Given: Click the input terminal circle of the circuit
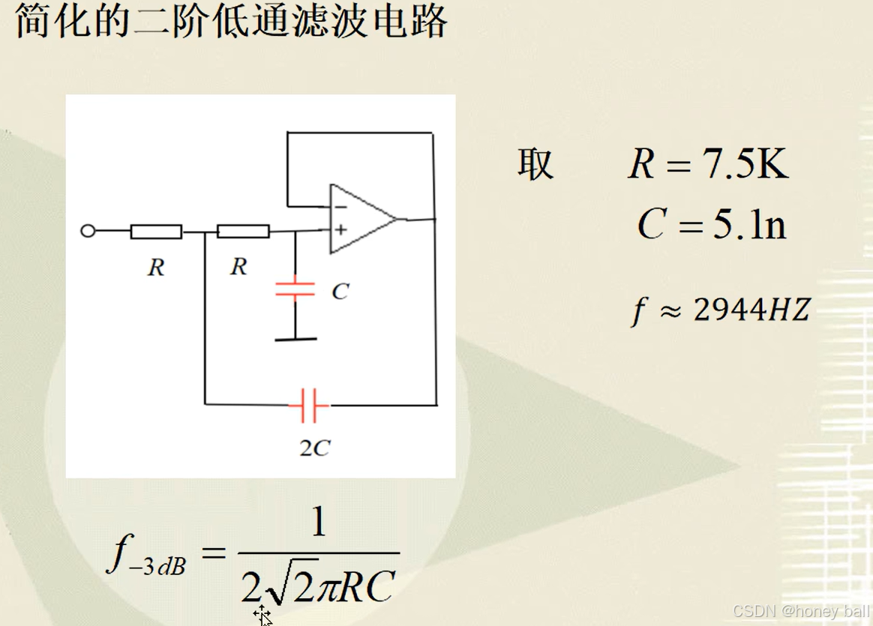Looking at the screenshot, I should (x=88, y=231).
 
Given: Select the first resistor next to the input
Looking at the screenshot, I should (x=156, y=232).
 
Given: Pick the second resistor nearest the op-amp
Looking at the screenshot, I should (x=243, y=231).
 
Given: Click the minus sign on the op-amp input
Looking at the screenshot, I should (x=341, y=206).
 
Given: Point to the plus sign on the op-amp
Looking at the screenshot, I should (x=340, y=229).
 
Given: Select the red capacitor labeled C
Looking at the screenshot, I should (x=295, y=290).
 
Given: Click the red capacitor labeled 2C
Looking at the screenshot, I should (x=309, y=405).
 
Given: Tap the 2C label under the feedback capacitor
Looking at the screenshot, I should (x=314, y=448).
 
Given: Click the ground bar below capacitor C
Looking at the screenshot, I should (x=295, y=340).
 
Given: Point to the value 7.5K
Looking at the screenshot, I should (x=746, y=165).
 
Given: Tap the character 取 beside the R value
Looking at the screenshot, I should (x=535, y=164).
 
